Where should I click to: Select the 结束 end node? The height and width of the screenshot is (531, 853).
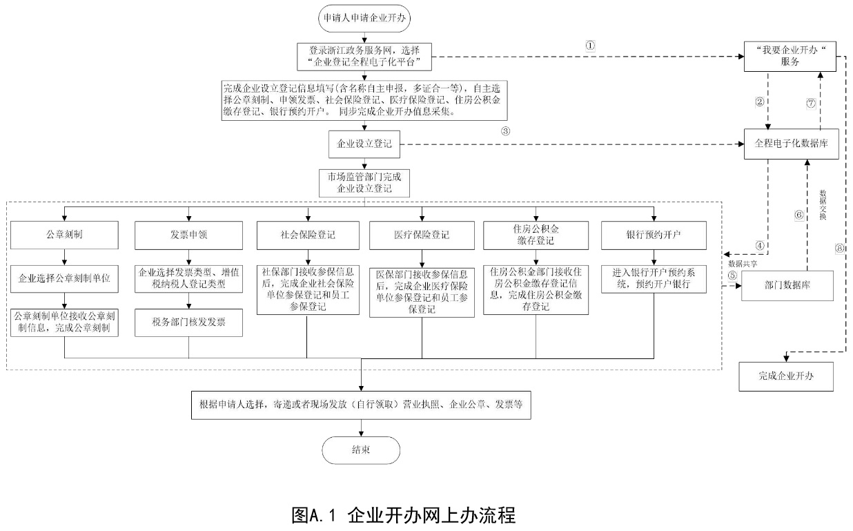coord(361,450)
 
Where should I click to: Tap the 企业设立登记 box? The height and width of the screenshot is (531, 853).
coord(363,144)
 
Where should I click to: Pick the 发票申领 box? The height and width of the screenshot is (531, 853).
coord(188,235)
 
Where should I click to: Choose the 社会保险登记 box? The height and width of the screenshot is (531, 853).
coord(307,235)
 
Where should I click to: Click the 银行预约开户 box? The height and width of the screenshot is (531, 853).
coord(654,235)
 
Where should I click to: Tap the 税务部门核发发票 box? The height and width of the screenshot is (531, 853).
coord(188,322)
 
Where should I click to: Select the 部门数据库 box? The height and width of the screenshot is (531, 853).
coord(787,285)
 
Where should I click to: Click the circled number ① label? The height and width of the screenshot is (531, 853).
coord(590,45)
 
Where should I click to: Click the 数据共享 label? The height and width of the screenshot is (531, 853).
coord(743,264)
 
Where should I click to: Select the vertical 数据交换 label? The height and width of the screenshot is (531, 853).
coord(822,204)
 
